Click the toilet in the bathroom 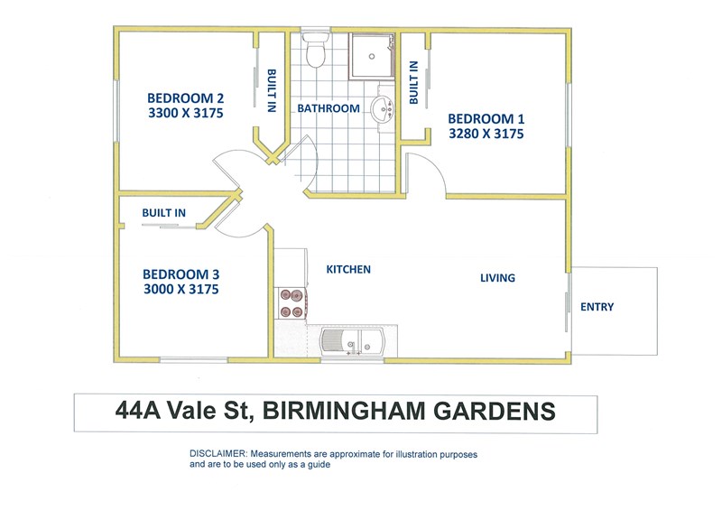(316, 49)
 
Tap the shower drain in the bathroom (372, 57)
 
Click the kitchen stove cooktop (291, 303)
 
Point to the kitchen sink (352, 343)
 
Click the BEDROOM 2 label (186, 98)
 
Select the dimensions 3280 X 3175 (486, 134)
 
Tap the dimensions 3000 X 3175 (181, 290)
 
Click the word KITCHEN (348, 270)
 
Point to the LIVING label (498, 278)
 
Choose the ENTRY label (597, 307)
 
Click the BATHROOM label (329, 108)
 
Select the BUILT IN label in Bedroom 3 (164, 213)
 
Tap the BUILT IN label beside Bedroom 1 (413, 82)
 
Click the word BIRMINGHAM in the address (344, 411)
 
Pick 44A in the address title (138, 410)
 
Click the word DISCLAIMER (218, 454)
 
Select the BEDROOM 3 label (181, 274)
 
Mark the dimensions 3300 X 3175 (186, 113)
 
